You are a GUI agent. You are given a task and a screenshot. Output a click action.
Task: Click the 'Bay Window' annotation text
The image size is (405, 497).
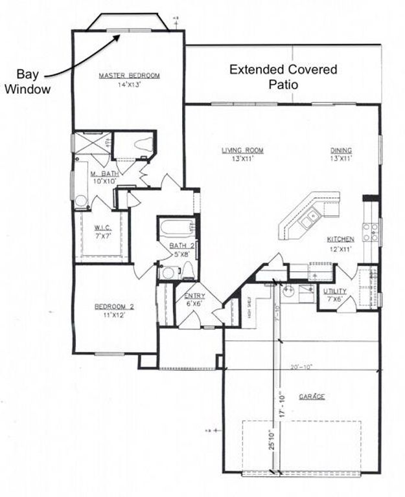(27, 82)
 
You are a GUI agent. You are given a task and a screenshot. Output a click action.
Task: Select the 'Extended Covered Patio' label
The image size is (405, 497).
(283, 76)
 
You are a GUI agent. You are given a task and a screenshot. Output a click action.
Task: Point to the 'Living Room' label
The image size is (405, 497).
(243, 150)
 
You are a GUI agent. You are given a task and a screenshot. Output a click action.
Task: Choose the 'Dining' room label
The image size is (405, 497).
(340, 150)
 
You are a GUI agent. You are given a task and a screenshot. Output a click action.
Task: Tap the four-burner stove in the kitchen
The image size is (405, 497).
(371, 232)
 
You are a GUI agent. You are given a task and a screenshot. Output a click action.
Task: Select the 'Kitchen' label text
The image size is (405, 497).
(340, 239)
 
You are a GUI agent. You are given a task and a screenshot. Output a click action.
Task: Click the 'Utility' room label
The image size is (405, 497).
(334, 291)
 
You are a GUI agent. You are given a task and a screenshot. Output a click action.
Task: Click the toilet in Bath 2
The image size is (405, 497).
(187, 271)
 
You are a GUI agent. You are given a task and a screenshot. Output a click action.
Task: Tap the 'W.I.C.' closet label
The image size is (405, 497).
(103, 227)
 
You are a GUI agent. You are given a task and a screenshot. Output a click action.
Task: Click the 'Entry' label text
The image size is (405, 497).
(194, 296)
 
